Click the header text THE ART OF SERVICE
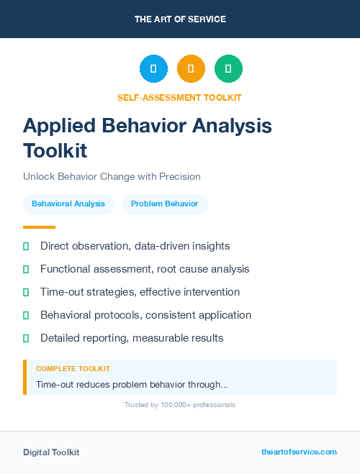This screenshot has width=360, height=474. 180,19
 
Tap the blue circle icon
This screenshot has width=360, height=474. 153,68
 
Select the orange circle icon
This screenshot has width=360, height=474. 191,68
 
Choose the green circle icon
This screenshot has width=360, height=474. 228,68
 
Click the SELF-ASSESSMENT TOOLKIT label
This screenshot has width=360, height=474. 180,97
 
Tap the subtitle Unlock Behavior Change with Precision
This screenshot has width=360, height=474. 112,176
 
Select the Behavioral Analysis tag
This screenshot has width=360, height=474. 68,204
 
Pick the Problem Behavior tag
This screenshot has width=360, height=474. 165,204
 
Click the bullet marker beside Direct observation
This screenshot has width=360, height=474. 26,246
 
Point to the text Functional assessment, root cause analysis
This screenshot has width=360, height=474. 145,269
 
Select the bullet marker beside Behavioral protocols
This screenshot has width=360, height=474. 26,315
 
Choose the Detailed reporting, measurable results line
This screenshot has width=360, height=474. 132,338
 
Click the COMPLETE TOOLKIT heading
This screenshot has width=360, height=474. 73,368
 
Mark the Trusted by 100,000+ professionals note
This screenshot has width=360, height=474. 180,405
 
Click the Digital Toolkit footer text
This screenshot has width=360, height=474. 51,452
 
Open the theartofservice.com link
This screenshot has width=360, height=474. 299,452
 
